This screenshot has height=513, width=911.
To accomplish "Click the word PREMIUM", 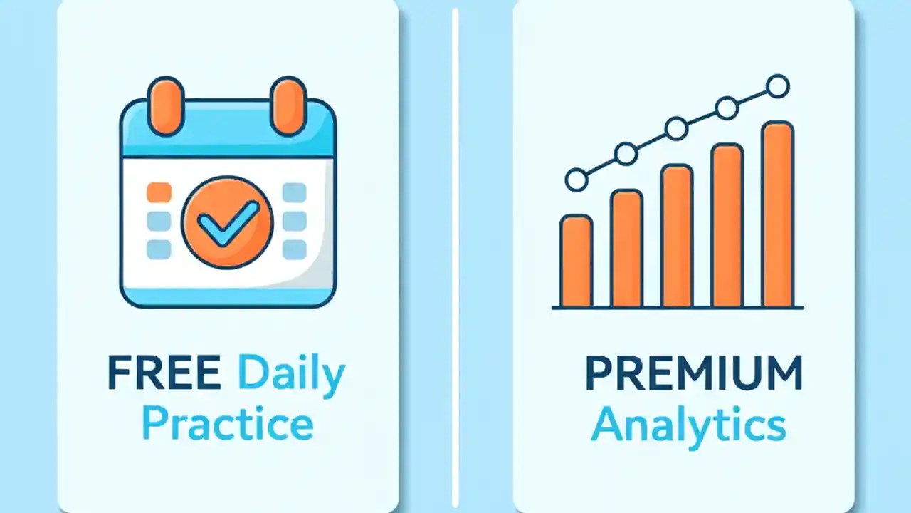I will pos(693,375).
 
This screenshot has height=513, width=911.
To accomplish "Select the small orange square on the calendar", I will pos(159,192).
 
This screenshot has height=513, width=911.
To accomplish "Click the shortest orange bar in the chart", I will pos(576,261).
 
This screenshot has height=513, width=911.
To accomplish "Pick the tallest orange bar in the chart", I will pos(777,214).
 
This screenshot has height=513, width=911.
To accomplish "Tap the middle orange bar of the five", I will pos(676,235).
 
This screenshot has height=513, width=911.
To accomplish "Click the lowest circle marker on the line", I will pos(576,180).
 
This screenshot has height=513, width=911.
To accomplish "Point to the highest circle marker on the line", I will pos(778,87).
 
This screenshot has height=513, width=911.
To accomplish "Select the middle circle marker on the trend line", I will pos(676,129).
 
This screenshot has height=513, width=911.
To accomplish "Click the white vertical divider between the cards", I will pos(455,256).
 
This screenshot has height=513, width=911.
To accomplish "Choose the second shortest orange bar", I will pos(626,248).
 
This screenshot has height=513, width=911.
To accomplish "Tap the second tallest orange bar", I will pos(727,225).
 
